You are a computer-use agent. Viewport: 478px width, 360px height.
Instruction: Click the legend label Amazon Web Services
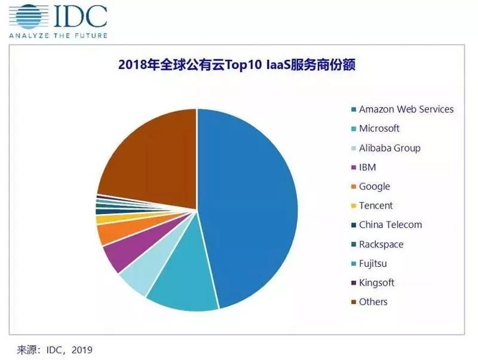coord(406,109)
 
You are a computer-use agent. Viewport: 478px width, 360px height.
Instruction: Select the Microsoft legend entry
coord(379,129)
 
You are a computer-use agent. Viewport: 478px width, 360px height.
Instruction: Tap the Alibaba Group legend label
coord(390,148)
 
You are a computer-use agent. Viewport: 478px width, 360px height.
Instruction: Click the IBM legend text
coord(367,167)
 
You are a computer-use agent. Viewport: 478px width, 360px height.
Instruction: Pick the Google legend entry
coord(374,187)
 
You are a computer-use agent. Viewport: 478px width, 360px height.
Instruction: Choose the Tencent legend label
coord(376,206)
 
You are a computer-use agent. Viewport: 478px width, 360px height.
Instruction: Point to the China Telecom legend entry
coord(390,225)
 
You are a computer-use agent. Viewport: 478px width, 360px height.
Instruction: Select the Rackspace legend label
coord(381,244)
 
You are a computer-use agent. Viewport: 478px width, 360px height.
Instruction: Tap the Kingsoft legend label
coord(376,282)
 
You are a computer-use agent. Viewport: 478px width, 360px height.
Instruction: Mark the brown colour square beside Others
coord(353,302)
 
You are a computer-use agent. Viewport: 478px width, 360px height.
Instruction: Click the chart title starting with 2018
coord(237,65)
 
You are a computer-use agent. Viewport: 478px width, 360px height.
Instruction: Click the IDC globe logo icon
coord(26,17)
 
